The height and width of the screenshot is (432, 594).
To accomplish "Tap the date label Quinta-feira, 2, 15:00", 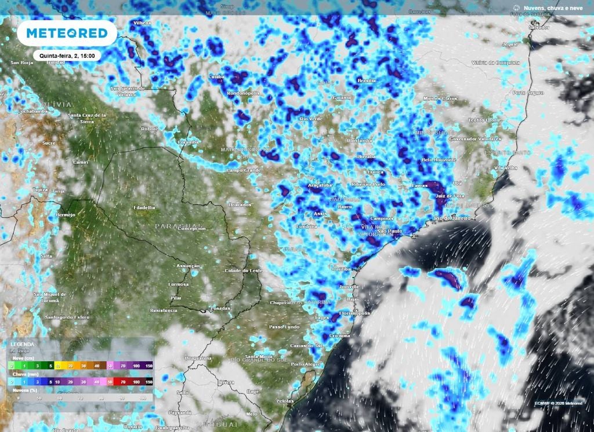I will [67, 55].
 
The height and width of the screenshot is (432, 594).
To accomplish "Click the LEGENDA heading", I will [22, 345].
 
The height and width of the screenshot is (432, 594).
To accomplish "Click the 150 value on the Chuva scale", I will [149, 382].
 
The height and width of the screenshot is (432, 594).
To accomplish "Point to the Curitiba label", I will [341, 269].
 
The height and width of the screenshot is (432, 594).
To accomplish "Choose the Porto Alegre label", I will [305, 364].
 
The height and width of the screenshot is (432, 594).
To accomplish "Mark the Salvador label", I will [538, 27].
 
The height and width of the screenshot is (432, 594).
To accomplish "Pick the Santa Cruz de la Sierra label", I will [87, 118].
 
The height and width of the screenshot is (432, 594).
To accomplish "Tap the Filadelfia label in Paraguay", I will [144, 207].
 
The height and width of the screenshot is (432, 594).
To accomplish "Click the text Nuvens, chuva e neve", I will [553, 8].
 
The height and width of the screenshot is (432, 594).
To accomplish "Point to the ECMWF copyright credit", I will [559, 403].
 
